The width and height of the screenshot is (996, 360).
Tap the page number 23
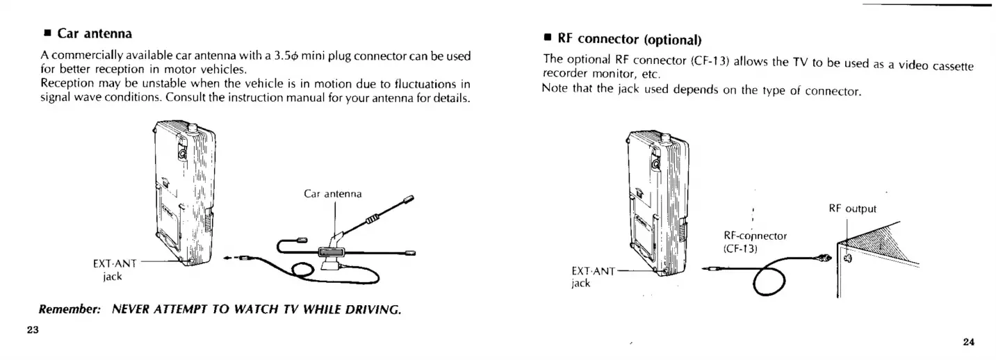[x=33, y=329]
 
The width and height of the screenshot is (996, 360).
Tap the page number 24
[x=969, y=341]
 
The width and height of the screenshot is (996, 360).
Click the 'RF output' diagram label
[x=853, y=208]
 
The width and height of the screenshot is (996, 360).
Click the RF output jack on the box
[x=847, y=259]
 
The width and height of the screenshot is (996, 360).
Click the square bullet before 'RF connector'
[x=548, y=38]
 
